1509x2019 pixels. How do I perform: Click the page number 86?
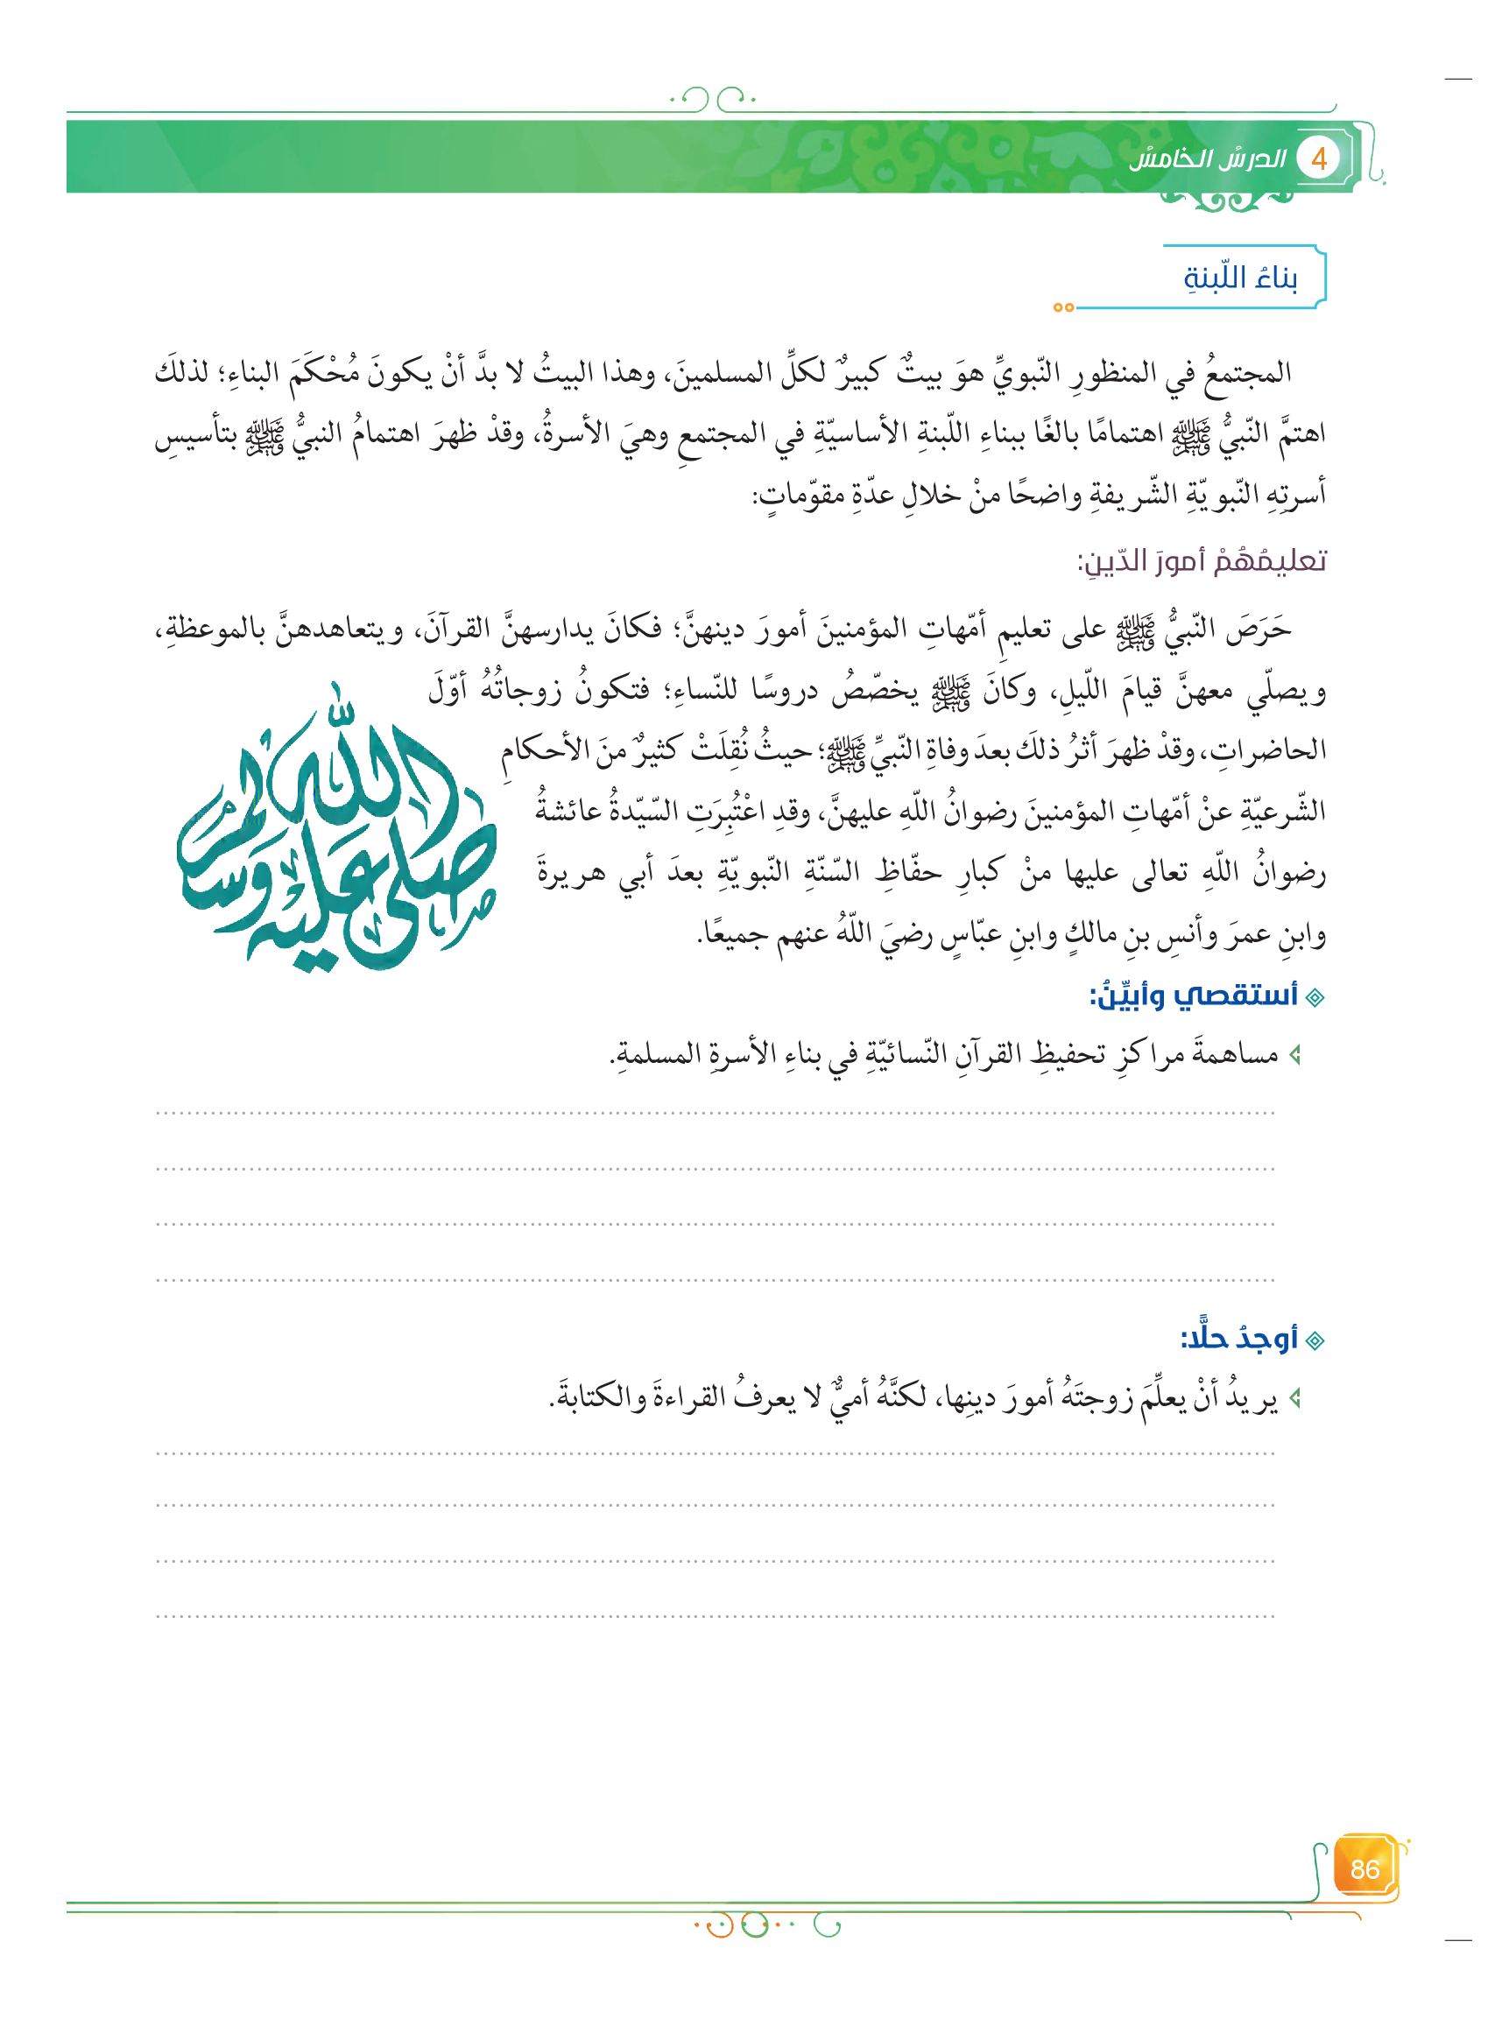tap(1364, 1869)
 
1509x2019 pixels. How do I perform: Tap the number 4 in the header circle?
tap(1317, 159)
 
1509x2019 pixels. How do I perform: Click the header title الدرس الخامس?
tap(1207, 159)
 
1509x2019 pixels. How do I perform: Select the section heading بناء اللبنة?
tap(1240, 277)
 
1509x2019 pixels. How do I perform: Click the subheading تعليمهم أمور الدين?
tap(1202, 559)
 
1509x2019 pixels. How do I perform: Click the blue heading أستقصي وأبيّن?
tap(1194, 995)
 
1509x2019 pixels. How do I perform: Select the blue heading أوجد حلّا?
tap(1238, 1338)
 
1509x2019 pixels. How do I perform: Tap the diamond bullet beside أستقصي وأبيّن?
tap(1315, 997)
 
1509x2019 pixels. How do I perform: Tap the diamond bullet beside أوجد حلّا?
tap(1315, 1340)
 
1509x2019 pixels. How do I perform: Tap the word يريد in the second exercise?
tap(1254, 1397)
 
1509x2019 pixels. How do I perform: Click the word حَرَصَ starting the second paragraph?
tap(1259, 629)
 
